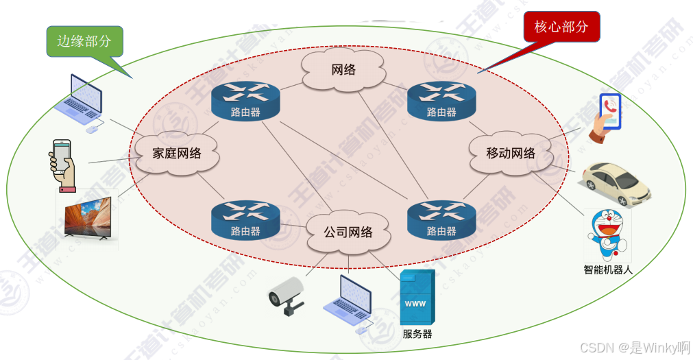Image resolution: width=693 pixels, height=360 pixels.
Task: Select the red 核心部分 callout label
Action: [561, 27]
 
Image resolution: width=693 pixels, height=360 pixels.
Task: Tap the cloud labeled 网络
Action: [343, 70]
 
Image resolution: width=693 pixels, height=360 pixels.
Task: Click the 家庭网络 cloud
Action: [176, 152]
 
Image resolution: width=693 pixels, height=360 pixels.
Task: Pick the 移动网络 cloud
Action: [511, 153]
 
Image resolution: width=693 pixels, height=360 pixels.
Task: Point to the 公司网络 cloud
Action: [348, 232]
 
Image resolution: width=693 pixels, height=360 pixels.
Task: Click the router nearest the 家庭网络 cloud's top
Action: [245, 100]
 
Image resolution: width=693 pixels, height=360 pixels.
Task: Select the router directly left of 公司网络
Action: [245, 219]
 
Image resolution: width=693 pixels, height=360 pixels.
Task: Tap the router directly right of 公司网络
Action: [441, 219]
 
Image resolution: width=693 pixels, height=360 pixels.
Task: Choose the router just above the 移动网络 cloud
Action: [441, 100]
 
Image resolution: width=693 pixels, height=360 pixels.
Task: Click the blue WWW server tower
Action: [417, 298]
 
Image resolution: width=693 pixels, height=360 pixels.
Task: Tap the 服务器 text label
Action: [417, 335]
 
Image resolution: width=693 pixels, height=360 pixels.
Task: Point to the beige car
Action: [616, 182]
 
